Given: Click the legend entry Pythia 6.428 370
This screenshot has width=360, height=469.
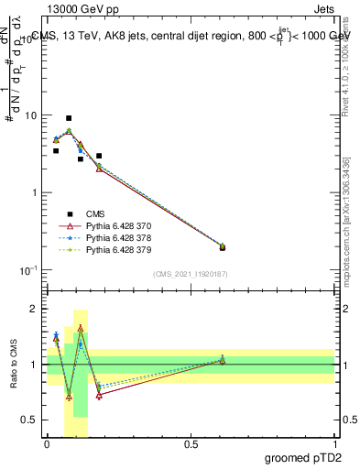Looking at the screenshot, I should [x=112, y=225].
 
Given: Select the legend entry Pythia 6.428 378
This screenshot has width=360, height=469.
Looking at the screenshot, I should [x=112, y=237].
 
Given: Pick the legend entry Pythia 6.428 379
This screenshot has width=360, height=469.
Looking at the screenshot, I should [x=112, y=249].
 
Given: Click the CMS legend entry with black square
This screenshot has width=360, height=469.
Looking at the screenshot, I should [x=92, y=213].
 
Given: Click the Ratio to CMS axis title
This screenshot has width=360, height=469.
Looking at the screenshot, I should [x=16, y=365].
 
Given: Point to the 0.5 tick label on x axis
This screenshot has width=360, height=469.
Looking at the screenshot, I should [x=191, y=443].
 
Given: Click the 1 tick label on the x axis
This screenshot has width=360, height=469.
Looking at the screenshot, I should [x=335, y=443].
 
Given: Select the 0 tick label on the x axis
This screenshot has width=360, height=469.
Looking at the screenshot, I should [x=47, y=443].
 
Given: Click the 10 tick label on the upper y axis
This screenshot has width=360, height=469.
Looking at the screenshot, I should [x=30, y=116].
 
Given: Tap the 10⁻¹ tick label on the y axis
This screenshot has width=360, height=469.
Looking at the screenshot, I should [x=28, y=270].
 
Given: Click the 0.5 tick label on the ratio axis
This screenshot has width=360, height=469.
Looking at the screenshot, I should [x=30, y=420].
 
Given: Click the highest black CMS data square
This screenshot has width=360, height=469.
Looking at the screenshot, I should [x=69, y=118].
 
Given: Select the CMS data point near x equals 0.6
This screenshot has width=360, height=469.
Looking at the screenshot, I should [x=223, y=247].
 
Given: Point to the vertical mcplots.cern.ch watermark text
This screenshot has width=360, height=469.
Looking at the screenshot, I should [x=346, y=229].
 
